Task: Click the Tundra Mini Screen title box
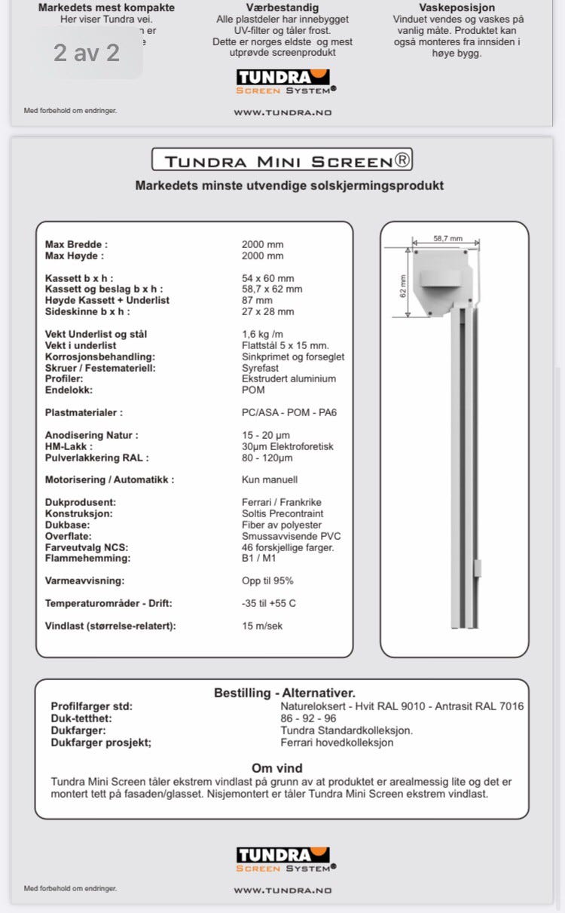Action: point(282,160)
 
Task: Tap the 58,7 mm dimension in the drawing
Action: point(447,238)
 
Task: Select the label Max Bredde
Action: point(76,244)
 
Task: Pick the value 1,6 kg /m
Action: point(262,334)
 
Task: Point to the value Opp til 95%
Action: point(267,581)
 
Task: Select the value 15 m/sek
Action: point(262,626)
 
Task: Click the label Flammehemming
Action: point(87,558)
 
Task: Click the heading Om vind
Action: point(276,768)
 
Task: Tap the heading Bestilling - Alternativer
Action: point(284,693)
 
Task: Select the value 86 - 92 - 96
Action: point(308,718)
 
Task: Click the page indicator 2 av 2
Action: point(86,53)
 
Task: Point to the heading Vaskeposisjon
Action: point(457,8)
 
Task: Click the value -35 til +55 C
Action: point(268,603)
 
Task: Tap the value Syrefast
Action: point(260,368)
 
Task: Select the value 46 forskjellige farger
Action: point(287,547)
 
